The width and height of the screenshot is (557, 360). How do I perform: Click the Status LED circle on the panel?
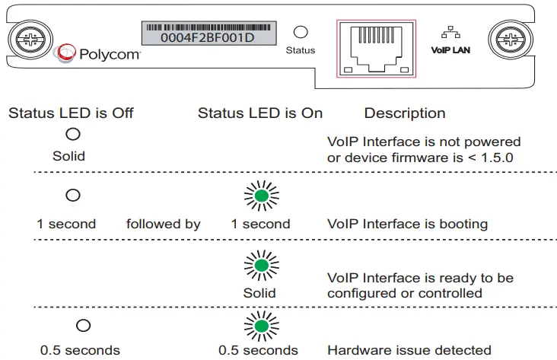tap(301, 32)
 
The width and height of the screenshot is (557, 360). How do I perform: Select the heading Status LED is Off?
tap(71, 113)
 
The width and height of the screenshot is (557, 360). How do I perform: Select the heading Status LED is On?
tap(260, 113)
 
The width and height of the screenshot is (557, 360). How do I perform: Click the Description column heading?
tap(405, 113)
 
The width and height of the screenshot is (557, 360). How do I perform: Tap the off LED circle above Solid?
tap(73, 135)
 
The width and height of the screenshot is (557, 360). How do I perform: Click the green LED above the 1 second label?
tap(261, 196)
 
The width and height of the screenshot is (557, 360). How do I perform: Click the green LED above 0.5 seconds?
tap(261, 326)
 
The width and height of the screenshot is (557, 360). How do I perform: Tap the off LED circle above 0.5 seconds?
tap(84, 325)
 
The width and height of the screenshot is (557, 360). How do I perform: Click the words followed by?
tap(164, 225)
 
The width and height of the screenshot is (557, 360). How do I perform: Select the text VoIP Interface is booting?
tap(407, 225)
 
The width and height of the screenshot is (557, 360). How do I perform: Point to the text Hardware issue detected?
tap(409, 351)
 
